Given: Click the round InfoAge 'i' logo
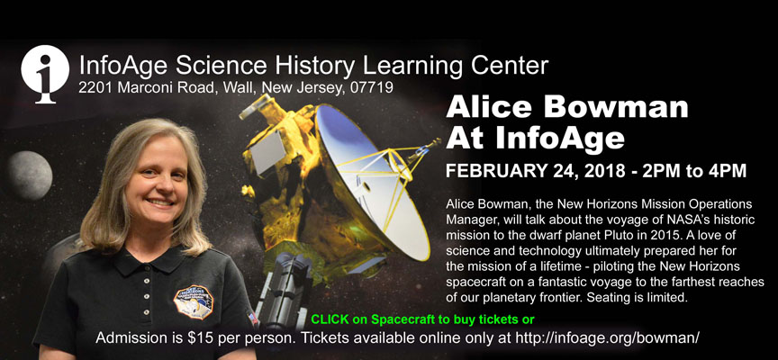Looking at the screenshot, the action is click(45, 73).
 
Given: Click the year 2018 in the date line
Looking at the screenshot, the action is click(604, 171).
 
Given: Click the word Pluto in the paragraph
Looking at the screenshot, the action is click(607, 235).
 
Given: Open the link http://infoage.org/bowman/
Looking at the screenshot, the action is click(608, 338).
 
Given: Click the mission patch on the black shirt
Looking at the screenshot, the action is click(194, 302).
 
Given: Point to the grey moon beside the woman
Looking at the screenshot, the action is click(30, 175).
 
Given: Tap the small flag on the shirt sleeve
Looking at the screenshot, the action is click(254, 319).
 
